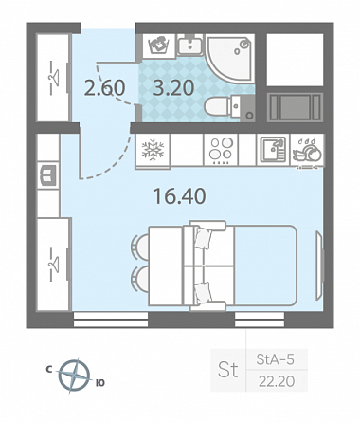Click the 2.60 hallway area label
pos(105,88)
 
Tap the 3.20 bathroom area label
pos(173,88)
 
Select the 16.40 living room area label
pos(179,195)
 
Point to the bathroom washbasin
pos(189,45)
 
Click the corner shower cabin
pos(230,59)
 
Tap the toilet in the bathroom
pos(229,107)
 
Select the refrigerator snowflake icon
pos(153,149)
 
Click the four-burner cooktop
pos(221,150)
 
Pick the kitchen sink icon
pos(273,149)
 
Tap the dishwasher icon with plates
pos(307,151)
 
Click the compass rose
pos(75,376)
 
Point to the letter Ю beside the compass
pos(99,383)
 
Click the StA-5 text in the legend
pos(275,359)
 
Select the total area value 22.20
pos(277,381)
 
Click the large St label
pos(227,370)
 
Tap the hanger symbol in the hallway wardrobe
pos(53,77)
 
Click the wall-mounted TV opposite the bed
pos(319,265)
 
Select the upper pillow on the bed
pos(202,238)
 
